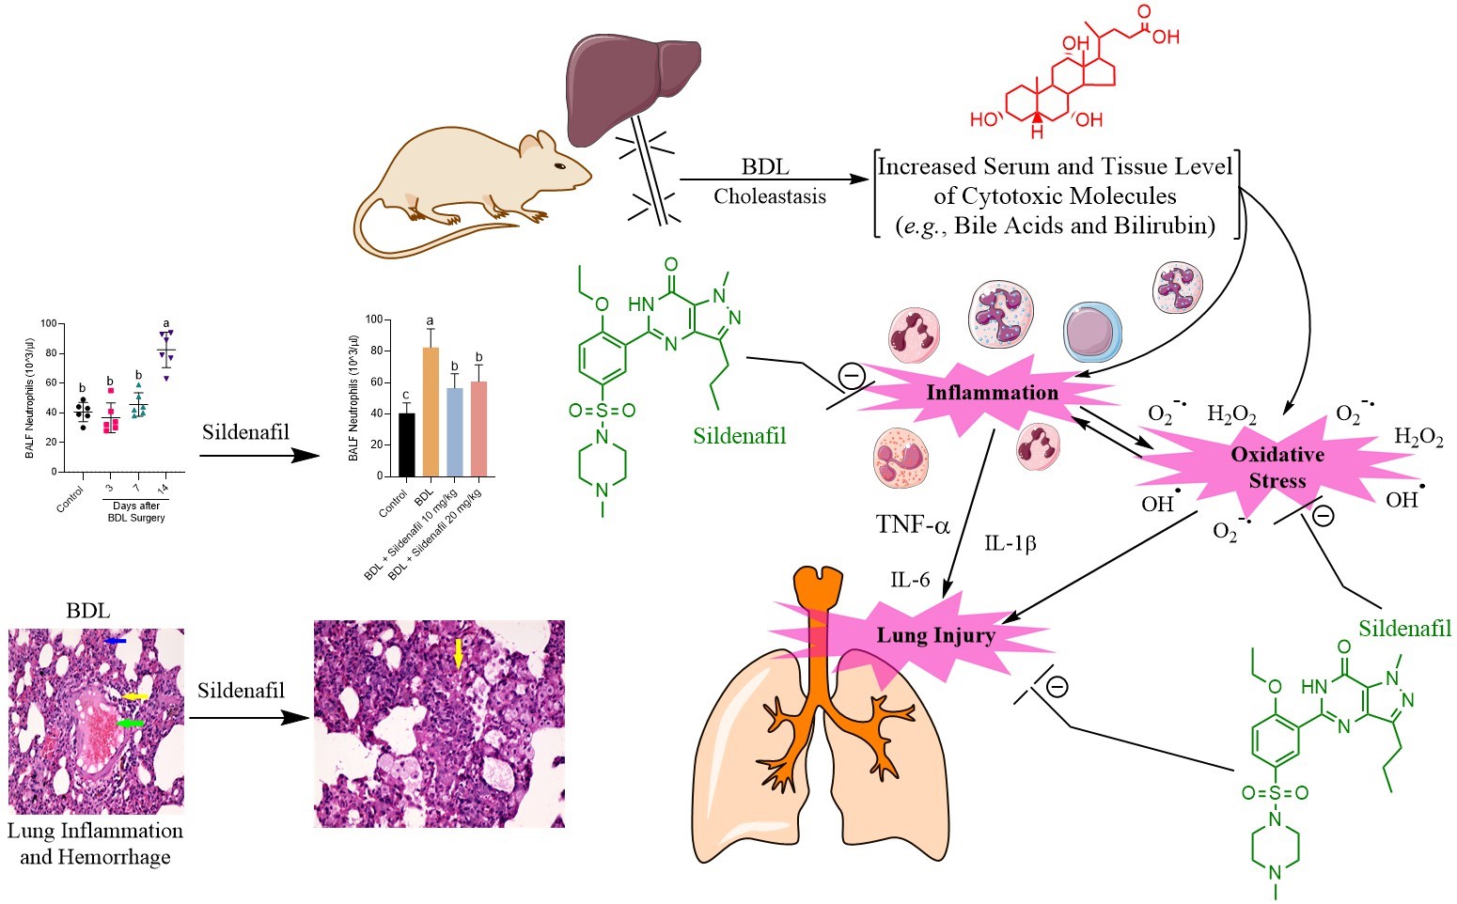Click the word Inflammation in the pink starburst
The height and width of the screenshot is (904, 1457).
pyautogui.click(x=992, y=393)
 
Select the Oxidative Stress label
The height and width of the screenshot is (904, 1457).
pyautogui.click(x=1277, y=467)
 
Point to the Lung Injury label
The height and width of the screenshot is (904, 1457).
pyautogui.click(x=935, y=635)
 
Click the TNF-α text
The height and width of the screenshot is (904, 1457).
pyautogui.click(x=913, y=525)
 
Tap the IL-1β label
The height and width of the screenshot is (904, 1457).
pyautogui.click(x=1010, y=543)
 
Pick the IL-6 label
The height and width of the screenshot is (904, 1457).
pyautogui.click(x=910, y=580)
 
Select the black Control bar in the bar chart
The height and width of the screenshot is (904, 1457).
pyautogui.click(x=407, y=444)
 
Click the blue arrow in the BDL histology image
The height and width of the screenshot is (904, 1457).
pyautogui.click(x=116, y=640)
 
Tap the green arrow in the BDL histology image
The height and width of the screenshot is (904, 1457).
pyautogui.click(x=131, y=723)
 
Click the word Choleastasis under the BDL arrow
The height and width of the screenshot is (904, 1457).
pyautogui.click(x=769, y=196)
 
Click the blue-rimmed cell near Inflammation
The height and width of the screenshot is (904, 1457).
pyautogui.click(x=1092, y=333)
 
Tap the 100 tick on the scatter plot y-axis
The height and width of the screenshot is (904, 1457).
pyautogui.click(x=48, y=323)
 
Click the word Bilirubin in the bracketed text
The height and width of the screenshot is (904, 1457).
pyautogui.click(x=1167, y=226)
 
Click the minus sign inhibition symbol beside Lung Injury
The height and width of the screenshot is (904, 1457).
pyautogui.click(x=1057, y=687)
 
